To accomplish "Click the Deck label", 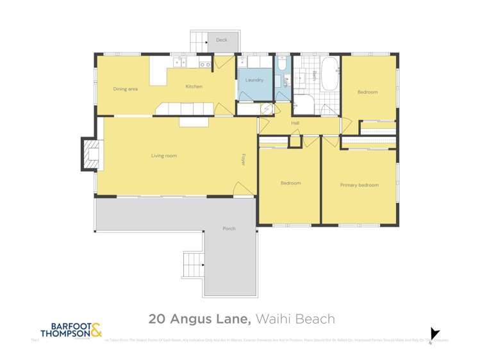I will click(x=221, y=40).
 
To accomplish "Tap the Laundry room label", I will click(x=254, y=80).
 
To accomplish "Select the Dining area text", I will click(x=126, y=89).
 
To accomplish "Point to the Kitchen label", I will click(x=194, y=86).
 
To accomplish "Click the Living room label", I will click(x=164, y=156).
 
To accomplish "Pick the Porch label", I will click(x=228, y=229).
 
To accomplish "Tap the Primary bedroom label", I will click(x=359, y=185).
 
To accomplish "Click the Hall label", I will click(x=295, y=123).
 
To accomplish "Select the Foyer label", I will click(x=244, y=160).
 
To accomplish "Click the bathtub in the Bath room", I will click(x=329, y=74).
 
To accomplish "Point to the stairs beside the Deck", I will click(x=198, y=42).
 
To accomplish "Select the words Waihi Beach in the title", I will click(x=295, y=318).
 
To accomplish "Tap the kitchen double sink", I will click(x=205, y=65).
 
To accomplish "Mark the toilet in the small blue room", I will click(x=283, y=64).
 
